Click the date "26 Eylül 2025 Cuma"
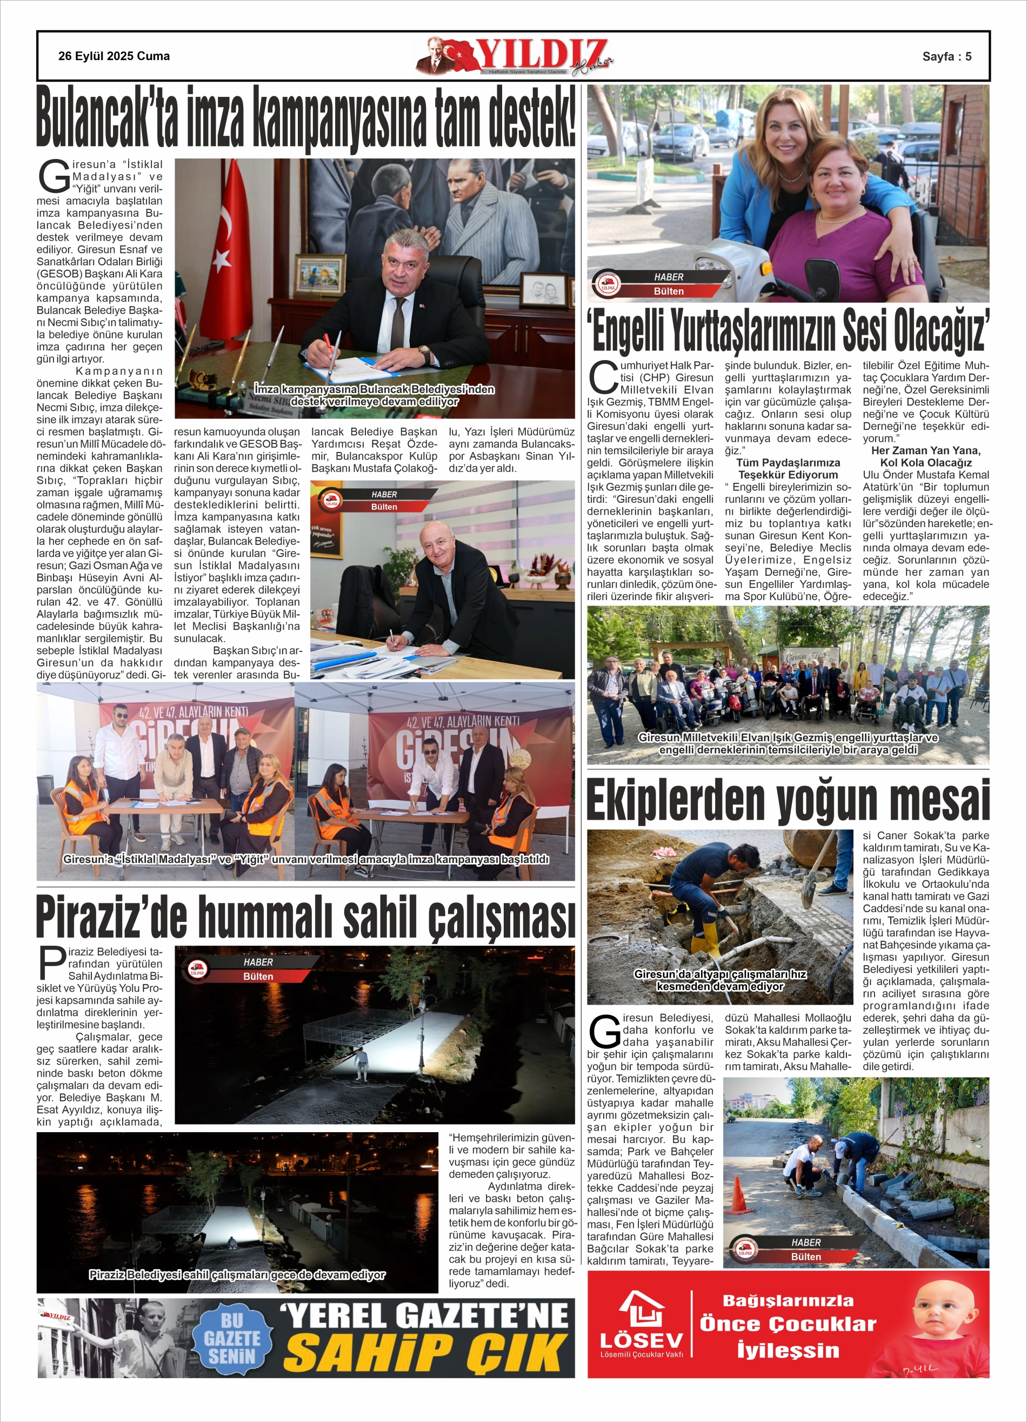114,56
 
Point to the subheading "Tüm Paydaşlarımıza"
788,463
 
